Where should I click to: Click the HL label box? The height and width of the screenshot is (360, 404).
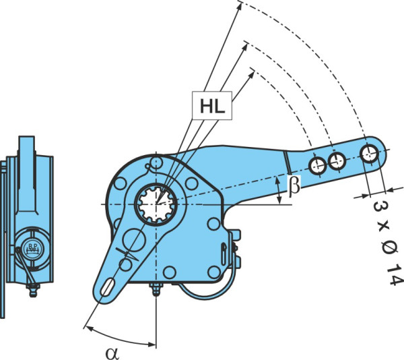coord(212,105)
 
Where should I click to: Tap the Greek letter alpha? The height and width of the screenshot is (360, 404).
coord(112,353)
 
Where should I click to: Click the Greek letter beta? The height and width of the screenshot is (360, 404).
coord(294,185)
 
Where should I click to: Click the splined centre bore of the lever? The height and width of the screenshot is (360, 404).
coord(156,204)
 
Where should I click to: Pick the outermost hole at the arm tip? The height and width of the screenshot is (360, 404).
coord(370,154)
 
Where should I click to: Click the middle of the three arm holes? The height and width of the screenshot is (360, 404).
coord(337,161)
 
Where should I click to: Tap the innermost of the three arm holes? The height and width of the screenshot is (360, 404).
coord(318,166)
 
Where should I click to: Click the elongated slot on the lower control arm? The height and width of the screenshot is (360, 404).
coord(108,287)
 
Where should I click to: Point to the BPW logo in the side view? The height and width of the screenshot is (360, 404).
coord(33,248)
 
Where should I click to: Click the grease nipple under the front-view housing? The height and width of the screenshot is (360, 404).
coord(156,289)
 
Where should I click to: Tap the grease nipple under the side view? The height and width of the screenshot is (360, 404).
coord(33,290)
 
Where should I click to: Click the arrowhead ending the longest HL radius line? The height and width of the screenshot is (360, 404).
coord(240,6)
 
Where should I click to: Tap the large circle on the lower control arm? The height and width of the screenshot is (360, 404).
coord(134,240)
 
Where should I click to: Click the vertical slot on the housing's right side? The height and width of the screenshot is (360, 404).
coord(224,254)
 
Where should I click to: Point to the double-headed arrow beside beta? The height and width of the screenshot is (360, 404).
coord(278,190)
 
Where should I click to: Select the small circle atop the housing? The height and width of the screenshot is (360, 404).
coord(156,162)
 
